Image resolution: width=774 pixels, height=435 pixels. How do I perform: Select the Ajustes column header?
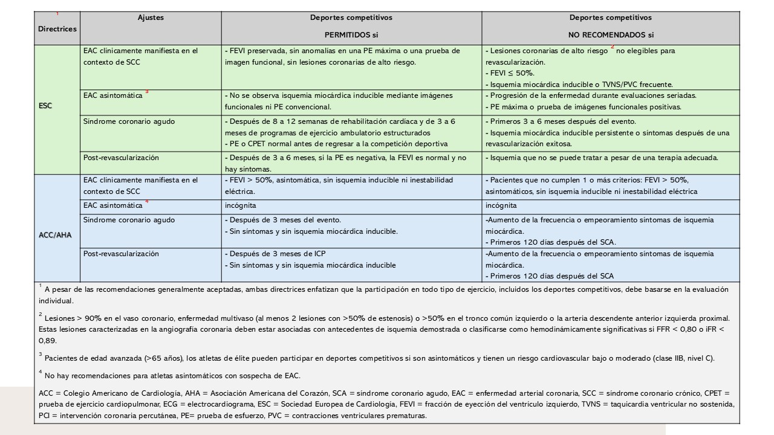[151, 18]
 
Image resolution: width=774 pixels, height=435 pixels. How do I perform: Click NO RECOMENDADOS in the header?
[611, 35]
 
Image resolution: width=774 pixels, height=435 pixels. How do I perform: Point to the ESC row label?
[45, 106]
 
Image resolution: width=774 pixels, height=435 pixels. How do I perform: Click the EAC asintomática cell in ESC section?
[112, 95]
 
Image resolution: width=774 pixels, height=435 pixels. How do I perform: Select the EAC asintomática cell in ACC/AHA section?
[112, 205]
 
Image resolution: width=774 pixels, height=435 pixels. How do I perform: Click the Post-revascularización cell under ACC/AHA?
[122, 253]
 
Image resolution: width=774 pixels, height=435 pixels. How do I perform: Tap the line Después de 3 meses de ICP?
[277, 254]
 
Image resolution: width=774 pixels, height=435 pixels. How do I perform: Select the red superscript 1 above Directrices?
[57, 13]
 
